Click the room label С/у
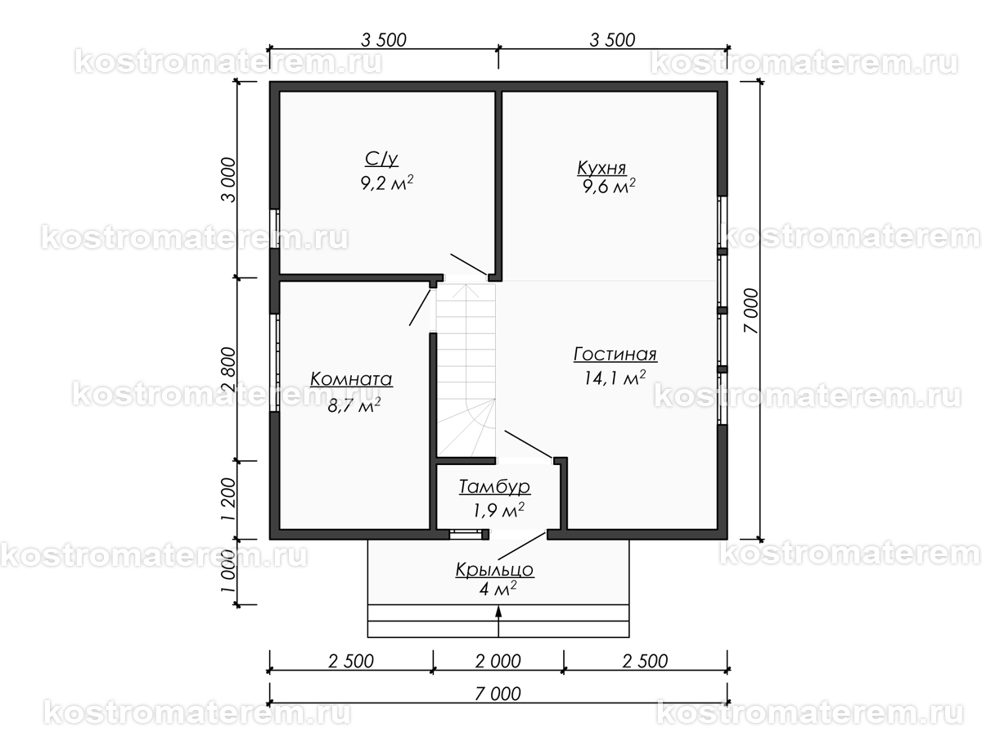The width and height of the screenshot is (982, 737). tap(381, 159)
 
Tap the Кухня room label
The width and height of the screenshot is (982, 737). tap(601, 168)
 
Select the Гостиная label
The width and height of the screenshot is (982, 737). tap(615, 354)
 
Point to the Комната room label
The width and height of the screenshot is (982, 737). tap(351, 379)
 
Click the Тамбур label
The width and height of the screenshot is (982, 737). tap(494, 486)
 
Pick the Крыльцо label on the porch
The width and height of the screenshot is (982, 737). tap(495, 570)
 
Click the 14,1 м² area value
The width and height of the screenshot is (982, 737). tap(615, 378)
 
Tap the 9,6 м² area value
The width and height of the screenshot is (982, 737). tap(609, 186)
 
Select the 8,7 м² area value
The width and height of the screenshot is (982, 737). tap(354, 406)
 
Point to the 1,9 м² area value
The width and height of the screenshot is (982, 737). tap(498, 510)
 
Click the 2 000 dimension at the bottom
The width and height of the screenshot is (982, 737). tap(498, 661)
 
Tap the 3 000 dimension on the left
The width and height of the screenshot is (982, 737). tap(228, 180)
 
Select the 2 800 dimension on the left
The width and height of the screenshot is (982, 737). tap(228, 369)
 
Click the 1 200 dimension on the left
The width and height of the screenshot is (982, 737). tap(228, 500)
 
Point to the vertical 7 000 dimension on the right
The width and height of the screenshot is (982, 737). tap(751, 310)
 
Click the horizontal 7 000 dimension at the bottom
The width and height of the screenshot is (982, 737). tap(498, 694)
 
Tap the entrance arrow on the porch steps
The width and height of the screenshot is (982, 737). tap(498, 621)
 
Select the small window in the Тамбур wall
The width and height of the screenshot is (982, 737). tap(466, 534)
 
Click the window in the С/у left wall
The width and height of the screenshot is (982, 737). tap(275, 228)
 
